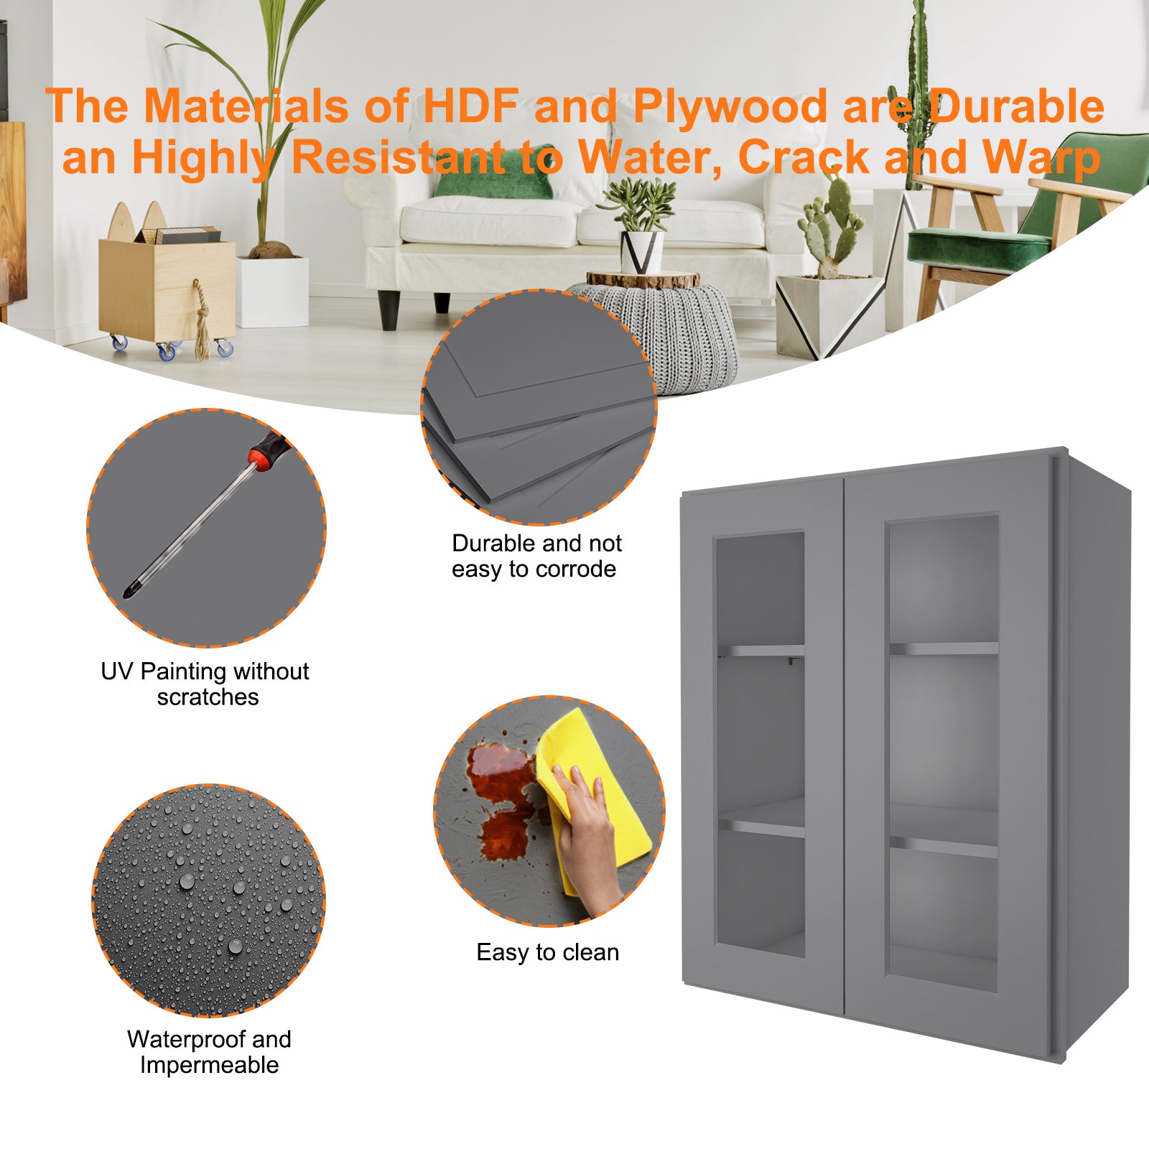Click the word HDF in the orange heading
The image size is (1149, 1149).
(470, 106)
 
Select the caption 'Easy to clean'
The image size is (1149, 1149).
(548, 952)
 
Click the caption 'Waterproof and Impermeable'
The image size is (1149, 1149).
(209, 1052)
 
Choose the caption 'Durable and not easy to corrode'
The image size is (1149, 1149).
(536, 556)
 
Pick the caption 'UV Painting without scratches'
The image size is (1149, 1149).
(205, 684)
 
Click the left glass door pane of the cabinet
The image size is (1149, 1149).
(760, 744)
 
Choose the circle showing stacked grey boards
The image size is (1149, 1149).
(539, 407)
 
